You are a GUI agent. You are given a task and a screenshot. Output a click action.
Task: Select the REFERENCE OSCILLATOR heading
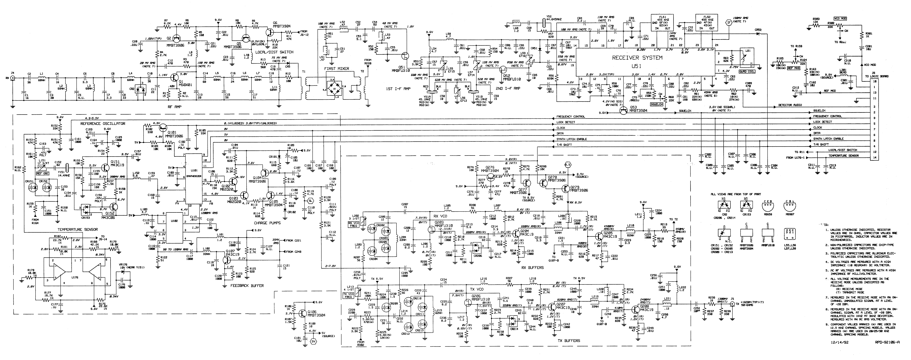103,124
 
